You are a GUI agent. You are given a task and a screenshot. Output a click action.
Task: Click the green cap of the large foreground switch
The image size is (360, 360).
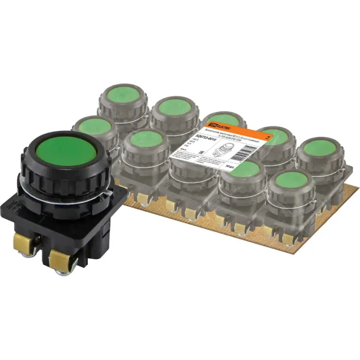(x=67, y=150)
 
